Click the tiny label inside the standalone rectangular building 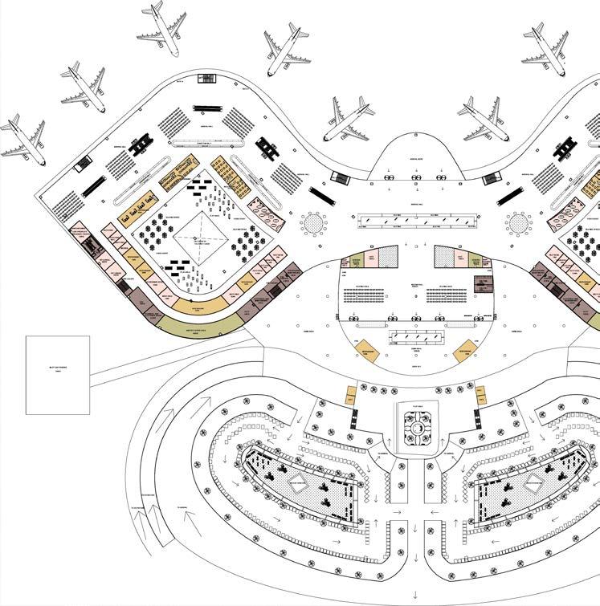coord(57,371)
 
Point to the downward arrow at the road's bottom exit coord(414,595)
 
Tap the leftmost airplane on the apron coord(21,139)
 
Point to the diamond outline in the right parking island coord(535,484)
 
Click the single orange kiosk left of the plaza coord(351,396)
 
